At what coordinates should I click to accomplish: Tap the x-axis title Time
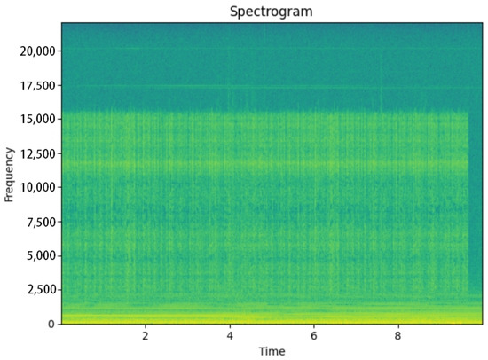click(272, 352)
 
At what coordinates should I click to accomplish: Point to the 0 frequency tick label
click(51, 324)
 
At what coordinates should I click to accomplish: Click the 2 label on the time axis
click(145, 337)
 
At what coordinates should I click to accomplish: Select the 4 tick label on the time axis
click(230, 337)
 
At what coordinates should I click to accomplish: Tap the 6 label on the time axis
click(314, 337)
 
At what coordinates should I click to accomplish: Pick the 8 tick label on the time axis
click(398, 337)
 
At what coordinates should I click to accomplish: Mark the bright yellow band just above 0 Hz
click(266, 317)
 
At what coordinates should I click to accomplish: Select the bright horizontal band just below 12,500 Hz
click(266, 165)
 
